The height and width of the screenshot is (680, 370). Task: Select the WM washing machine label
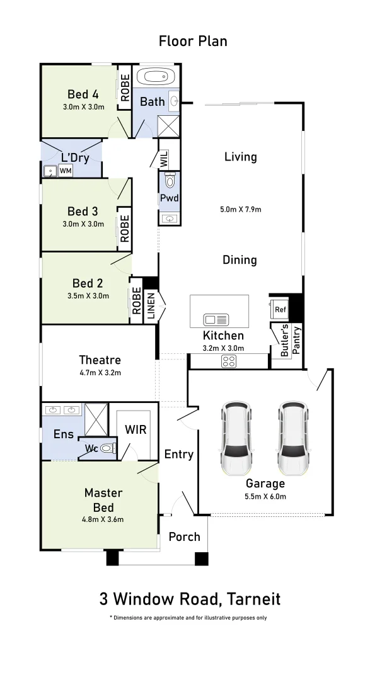coord(66,171)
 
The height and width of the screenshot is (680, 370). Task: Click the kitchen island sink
coord(216,320)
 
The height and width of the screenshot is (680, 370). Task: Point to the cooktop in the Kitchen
coord(229,361)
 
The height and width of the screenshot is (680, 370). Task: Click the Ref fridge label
coord(280,310)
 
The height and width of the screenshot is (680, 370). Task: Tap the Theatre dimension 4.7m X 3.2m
coord(100,373)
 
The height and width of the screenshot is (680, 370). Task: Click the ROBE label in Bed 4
coord(125,88)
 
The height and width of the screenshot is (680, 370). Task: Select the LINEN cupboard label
coord(151,307)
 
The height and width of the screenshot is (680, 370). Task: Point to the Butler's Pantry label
coord(291,341)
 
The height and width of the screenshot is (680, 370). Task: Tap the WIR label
coord(136,430)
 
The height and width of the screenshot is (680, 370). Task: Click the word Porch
coord(185,537)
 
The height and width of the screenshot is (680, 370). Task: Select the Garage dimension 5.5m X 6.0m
coord(265,497)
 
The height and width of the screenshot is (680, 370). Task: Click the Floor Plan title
coord(193,41)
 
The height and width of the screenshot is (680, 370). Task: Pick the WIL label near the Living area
coord(164,159)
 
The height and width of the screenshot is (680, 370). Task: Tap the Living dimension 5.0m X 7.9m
coord(241,210)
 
